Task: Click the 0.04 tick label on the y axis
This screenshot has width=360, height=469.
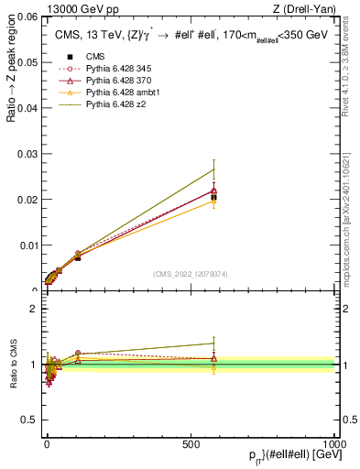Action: [27, 108]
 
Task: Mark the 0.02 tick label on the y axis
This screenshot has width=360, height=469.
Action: [27, 200]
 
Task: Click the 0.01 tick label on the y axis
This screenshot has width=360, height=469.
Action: [27, 245]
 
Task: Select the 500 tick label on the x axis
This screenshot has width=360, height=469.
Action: [191, 443]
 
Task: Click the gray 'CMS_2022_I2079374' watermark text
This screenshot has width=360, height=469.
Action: [190, 274]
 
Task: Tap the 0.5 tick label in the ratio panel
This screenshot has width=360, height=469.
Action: [30, 420]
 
